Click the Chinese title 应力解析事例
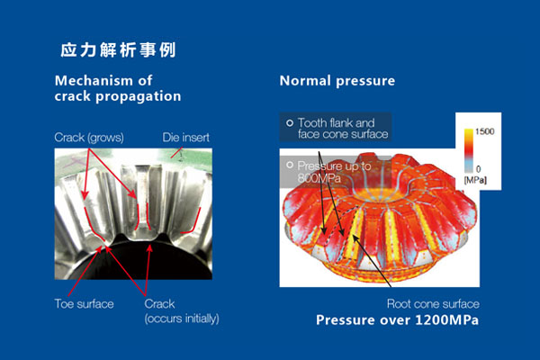tap(118, 50)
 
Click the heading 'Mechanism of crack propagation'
tap(118, 88)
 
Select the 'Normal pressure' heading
tap(337, 81)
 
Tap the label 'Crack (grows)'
tap(89, 138)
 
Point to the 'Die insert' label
tap(185, 138)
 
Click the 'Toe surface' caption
tap(84, 304)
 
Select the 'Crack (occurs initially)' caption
tap(182, 311)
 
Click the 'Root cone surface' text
tap(433, 303)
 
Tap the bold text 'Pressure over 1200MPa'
tap(397, 320)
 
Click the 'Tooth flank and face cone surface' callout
tap(343, 128)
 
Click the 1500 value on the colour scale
tap(484, 131)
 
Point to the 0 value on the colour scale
tap(478, 169)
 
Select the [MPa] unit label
tap(475, 180)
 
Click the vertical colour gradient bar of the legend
tap(469, 150)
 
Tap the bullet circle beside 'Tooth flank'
tap(290, 122)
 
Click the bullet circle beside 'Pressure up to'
tap(290, 165)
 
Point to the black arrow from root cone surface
tap(371, 261)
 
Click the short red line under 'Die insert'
tap(176, 153)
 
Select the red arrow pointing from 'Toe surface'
tap(85, 271)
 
